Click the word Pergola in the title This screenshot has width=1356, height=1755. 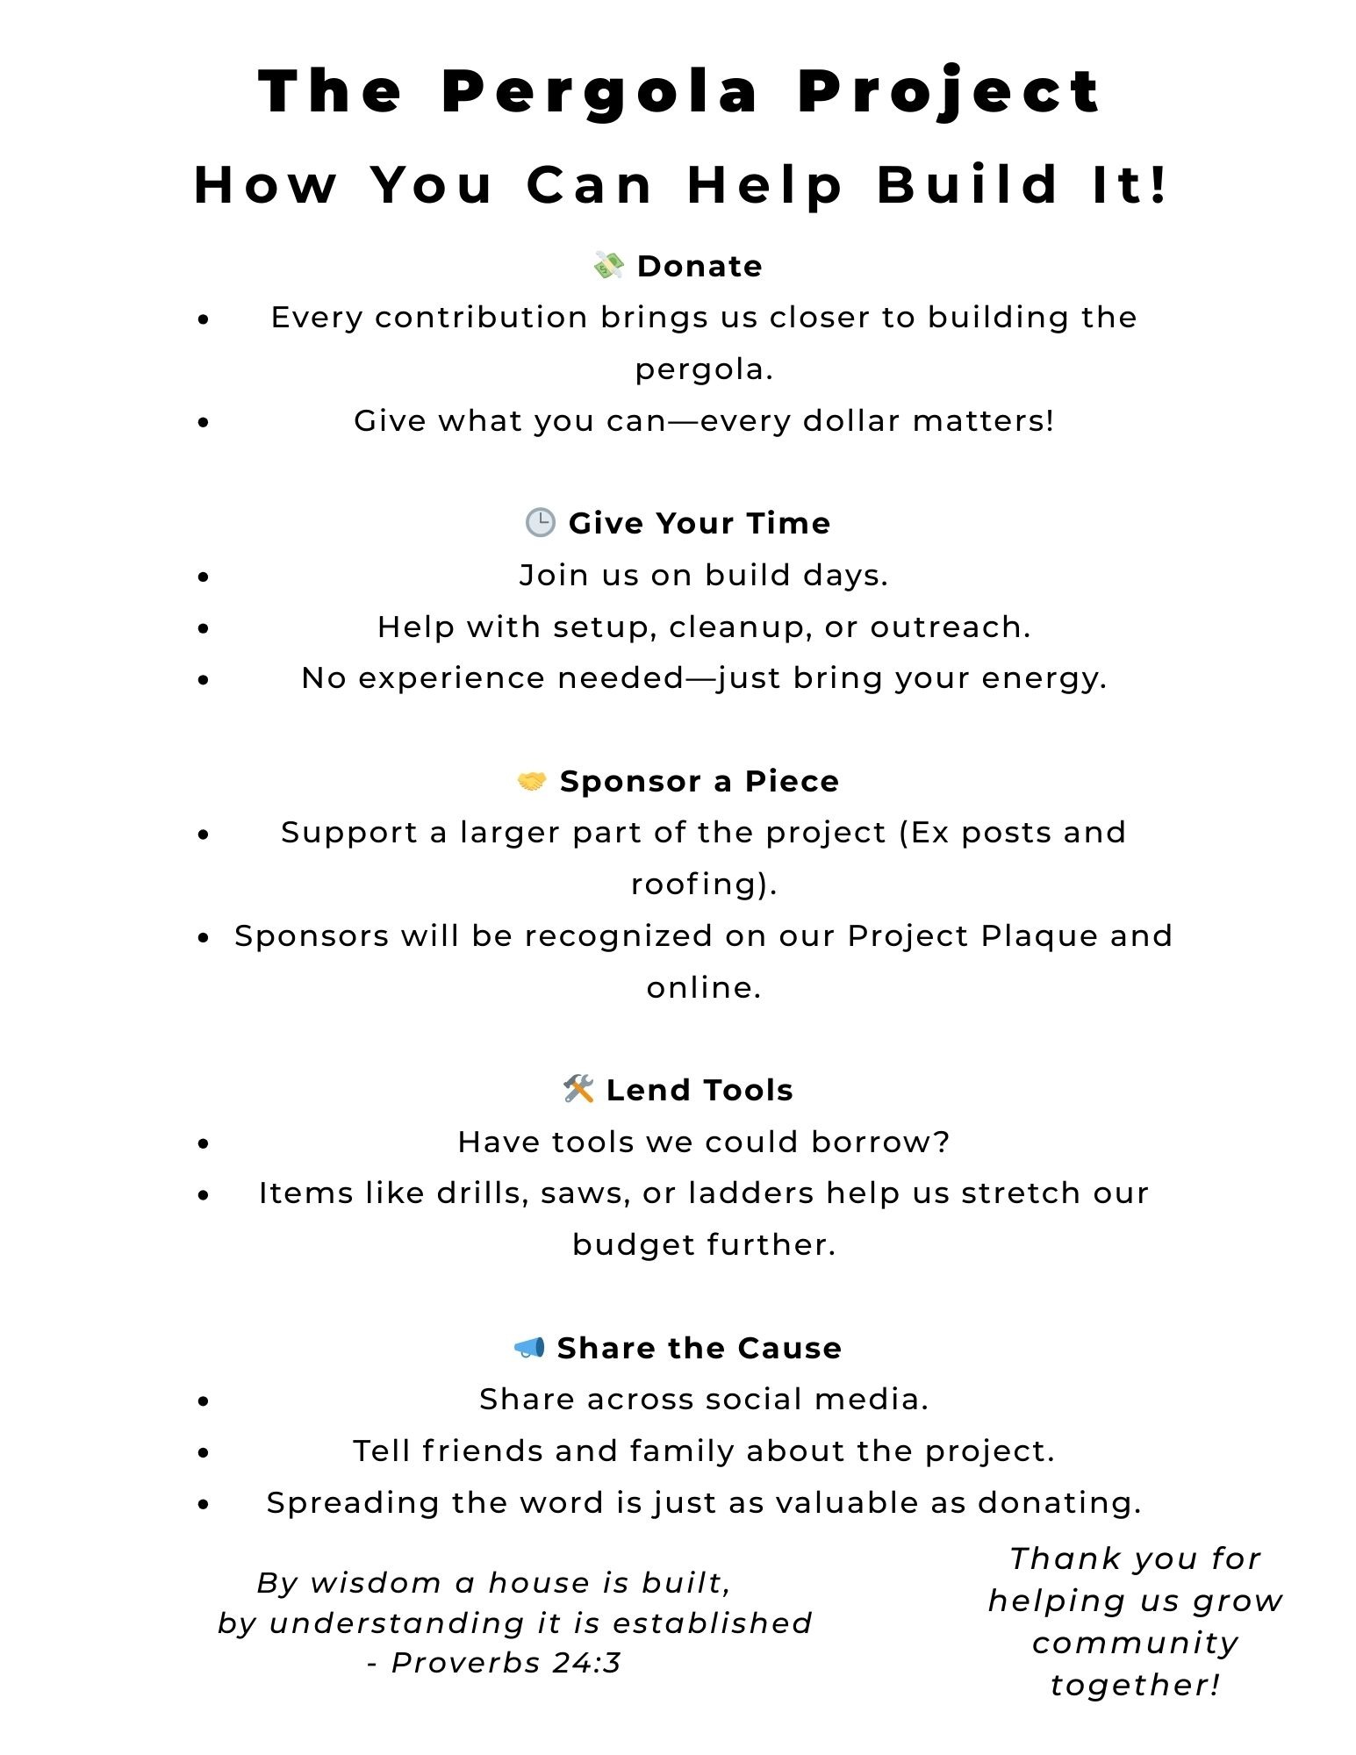(599, 91)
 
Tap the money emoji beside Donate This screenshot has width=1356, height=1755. (608, 265)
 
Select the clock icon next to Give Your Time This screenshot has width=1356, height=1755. (540, 522)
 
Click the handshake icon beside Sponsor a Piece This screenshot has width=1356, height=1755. (531, 780)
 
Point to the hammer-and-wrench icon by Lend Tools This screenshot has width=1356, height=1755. (578, 1089)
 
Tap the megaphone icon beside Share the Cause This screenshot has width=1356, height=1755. (529, 1347)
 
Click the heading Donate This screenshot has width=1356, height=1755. (700, 266)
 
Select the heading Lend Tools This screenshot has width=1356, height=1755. (700, 1090)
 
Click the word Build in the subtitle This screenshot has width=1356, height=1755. (967, 185)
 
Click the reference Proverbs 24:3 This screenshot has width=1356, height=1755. (506, 1662)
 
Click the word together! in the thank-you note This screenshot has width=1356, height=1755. (1135, 1685)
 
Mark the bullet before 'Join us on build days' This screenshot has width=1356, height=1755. (204, 577)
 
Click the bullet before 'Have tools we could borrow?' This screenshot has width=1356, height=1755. (204, 1143)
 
